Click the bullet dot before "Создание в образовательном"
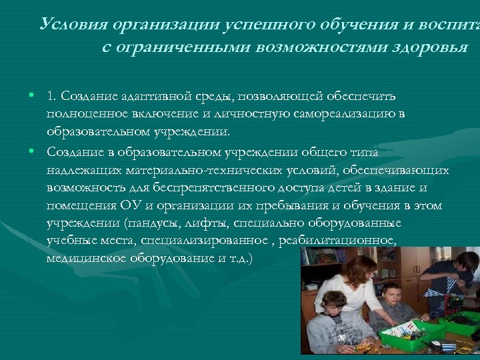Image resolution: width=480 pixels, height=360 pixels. pyautogui.click(x=31, y=151)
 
